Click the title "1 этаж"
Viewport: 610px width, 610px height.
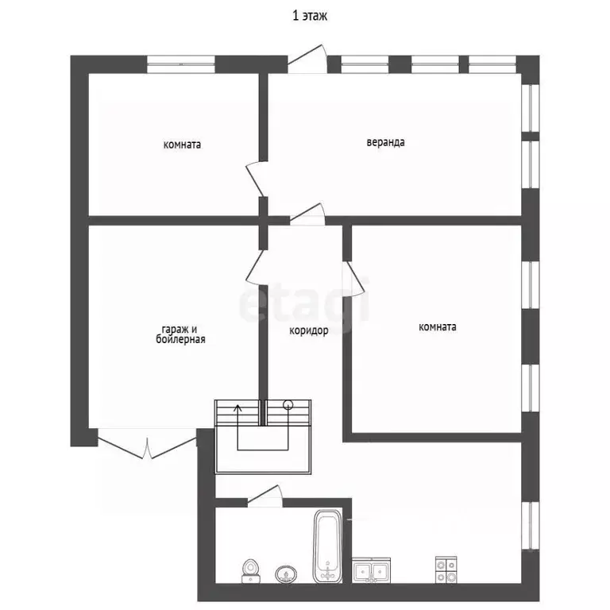tap(310, 16)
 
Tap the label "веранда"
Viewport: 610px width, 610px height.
tap(385, 142)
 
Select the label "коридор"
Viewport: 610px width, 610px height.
tap(309, 330)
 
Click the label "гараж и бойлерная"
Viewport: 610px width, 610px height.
tap(180, 334)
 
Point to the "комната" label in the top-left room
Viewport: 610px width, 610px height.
tap(182, 145)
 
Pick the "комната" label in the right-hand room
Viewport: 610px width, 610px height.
tap(438, 326)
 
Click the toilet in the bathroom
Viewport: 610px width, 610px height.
tap(250, 571)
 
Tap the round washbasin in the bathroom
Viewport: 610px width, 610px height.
tap(286, 574)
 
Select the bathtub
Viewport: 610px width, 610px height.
tap(328, 546)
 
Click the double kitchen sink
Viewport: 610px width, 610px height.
tap(371, 570)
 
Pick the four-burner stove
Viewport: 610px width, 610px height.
tap(446, 570)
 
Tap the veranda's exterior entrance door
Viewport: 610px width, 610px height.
tap(307, 59)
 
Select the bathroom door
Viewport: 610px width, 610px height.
tap(264, 496)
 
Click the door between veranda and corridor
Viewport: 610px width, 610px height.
tap(307, 214)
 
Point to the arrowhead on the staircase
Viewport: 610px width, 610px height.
tap(237, 408)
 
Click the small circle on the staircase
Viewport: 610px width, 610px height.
tap(288, 404)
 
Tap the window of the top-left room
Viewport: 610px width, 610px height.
tap(181, 64)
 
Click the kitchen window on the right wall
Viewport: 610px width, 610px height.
tap(531, 527)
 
